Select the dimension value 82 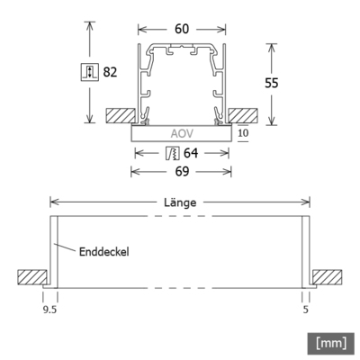coord(112,71)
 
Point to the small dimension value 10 coord(244,132)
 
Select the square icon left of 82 coord(89,71)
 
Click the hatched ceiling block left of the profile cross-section coord(117,116)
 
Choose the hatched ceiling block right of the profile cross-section coord(243,116)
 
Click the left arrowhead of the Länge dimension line coord(52,203)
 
